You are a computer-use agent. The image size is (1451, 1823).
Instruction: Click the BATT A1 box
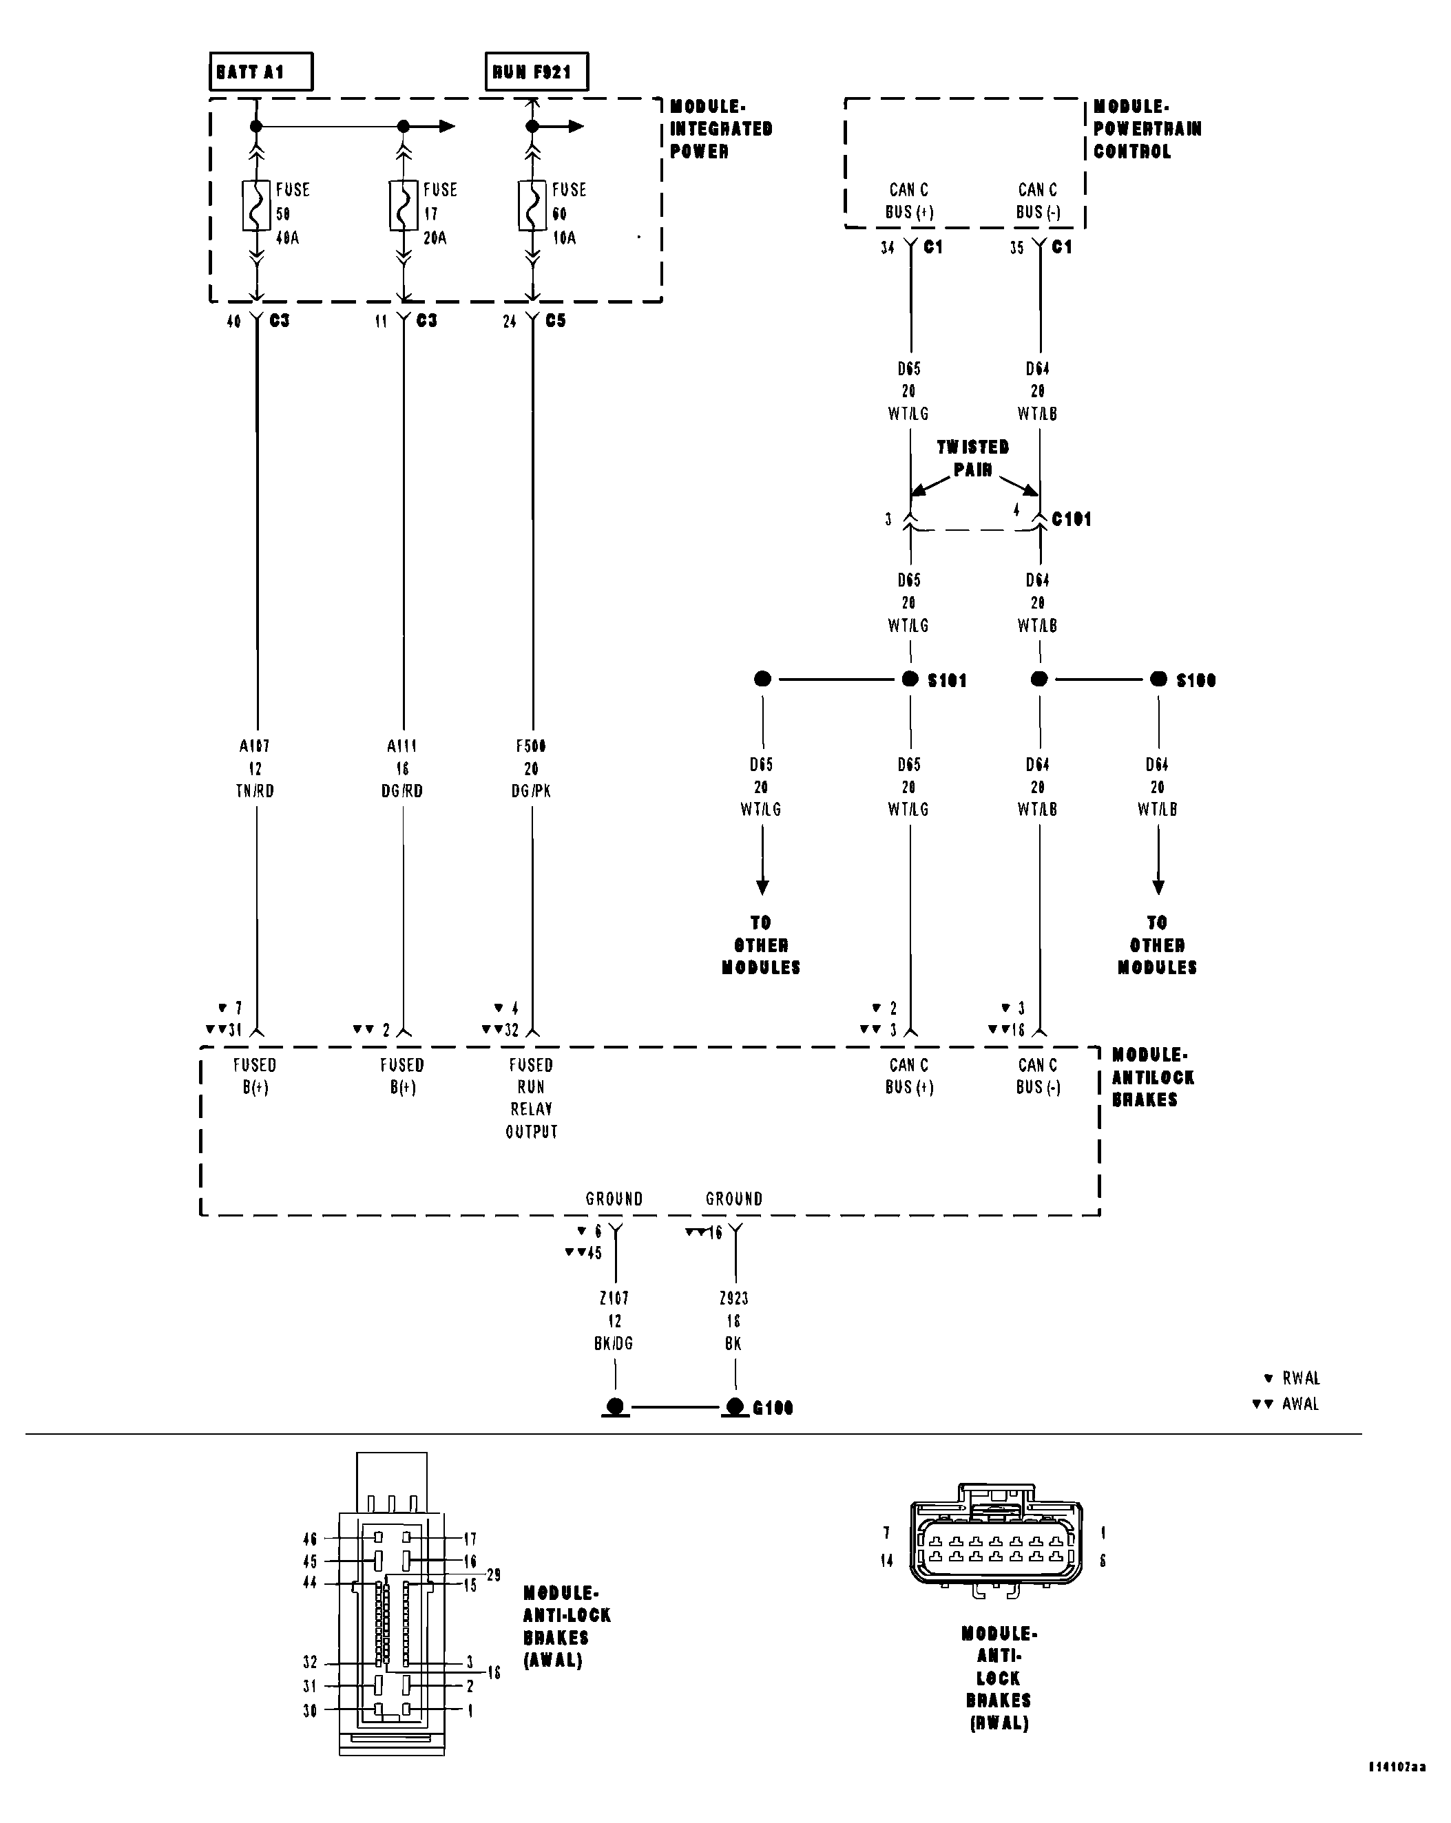[x=260, y=72]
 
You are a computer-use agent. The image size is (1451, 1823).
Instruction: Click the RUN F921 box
[x=536, y=72]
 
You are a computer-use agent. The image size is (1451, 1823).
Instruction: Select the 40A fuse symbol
[x=257, y=205]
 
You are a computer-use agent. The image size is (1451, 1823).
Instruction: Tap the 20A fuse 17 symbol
[x=404, y=205]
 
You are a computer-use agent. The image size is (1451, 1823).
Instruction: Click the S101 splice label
[x=946, y=681]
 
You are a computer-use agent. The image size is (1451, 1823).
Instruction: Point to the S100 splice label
[x=1195, y=681]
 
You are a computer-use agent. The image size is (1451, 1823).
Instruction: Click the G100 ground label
[x=772, y=1408]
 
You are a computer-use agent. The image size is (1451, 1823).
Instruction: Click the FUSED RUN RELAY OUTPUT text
[x=531, y=1097]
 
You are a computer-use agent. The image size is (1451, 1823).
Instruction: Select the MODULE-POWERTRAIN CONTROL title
[x=1146, y=129]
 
